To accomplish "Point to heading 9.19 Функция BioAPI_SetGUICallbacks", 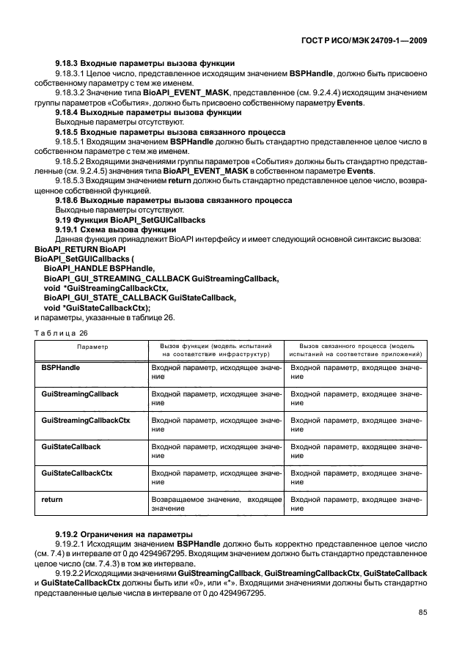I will tap(129, 221).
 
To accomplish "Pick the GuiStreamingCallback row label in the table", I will tap(80, 394).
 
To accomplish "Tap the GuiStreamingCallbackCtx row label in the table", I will tap(86, 421).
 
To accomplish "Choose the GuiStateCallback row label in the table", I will tap(71, 446).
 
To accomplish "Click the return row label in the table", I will tap(52, 499).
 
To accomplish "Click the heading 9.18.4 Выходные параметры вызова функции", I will tap(148, 114).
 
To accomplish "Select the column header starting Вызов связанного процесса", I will tap(356, 349).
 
